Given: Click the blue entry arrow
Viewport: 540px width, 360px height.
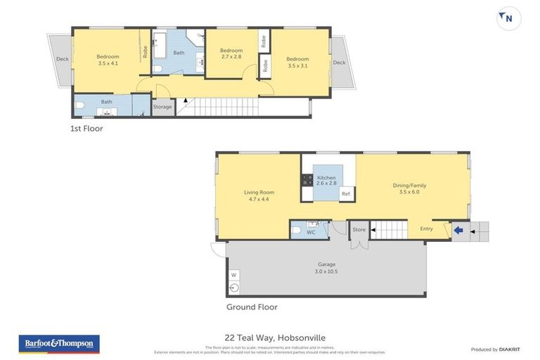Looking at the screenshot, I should click(x=458, y=229).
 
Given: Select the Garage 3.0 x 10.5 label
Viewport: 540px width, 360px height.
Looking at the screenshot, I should click(x=326, y=268).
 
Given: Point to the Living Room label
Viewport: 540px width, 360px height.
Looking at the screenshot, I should click(x=259, y=195).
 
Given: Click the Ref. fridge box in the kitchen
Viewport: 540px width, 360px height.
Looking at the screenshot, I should click(x=346, y=194).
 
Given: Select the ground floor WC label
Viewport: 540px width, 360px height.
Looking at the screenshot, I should click(x=311, y=231).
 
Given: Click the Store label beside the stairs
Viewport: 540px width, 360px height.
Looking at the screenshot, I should click(x=359, y=229).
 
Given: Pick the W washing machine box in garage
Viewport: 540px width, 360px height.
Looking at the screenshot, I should click(x=233, y=274).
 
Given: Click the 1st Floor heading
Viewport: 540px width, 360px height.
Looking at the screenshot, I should click(x=86, y=129).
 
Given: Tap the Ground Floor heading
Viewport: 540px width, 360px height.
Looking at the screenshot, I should click(x=252, y=307).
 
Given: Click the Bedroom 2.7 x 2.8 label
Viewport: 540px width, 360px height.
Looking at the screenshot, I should click(x=231, y=53).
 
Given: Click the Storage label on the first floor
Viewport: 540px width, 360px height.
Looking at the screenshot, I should click(x=162, y=107).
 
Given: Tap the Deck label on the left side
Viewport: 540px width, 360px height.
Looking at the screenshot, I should click(x=61, y=59).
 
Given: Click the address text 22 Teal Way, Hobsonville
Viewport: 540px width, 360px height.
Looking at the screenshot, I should click(x=269, y=338).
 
